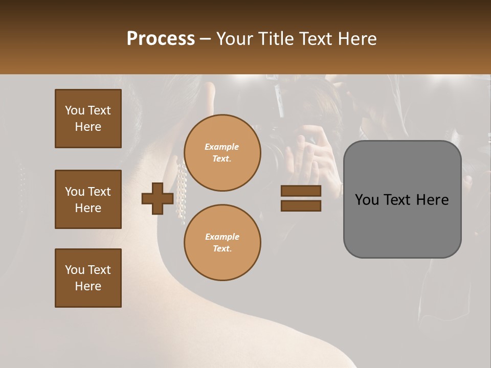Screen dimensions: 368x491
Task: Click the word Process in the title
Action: click(161, 38)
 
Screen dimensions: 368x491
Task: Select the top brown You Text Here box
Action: click(88, 119)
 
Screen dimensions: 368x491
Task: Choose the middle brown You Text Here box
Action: click(88, 199)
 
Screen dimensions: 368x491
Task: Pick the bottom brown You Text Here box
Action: click(88, 278)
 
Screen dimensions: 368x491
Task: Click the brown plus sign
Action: click(158, 199)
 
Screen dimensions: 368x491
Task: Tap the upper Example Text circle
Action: click(222, 153)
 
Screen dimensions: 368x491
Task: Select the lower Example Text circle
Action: click(222, 243)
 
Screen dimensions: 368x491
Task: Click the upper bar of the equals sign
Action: click(301, 191)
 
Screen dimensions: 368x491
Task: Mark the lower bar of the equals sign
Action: click(301, 206)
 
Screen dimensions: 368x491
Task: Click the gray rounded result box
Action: click(402, 199)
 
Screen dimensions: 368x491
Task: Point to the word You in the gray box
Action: click(367, 200)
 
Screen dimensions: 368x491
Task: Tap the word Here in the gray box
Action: click(432, 200)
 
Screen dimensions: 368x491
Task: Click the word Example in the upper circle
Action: click(221, 147)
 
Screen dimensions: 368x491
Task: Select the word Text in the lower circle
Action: click(221, 249)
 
